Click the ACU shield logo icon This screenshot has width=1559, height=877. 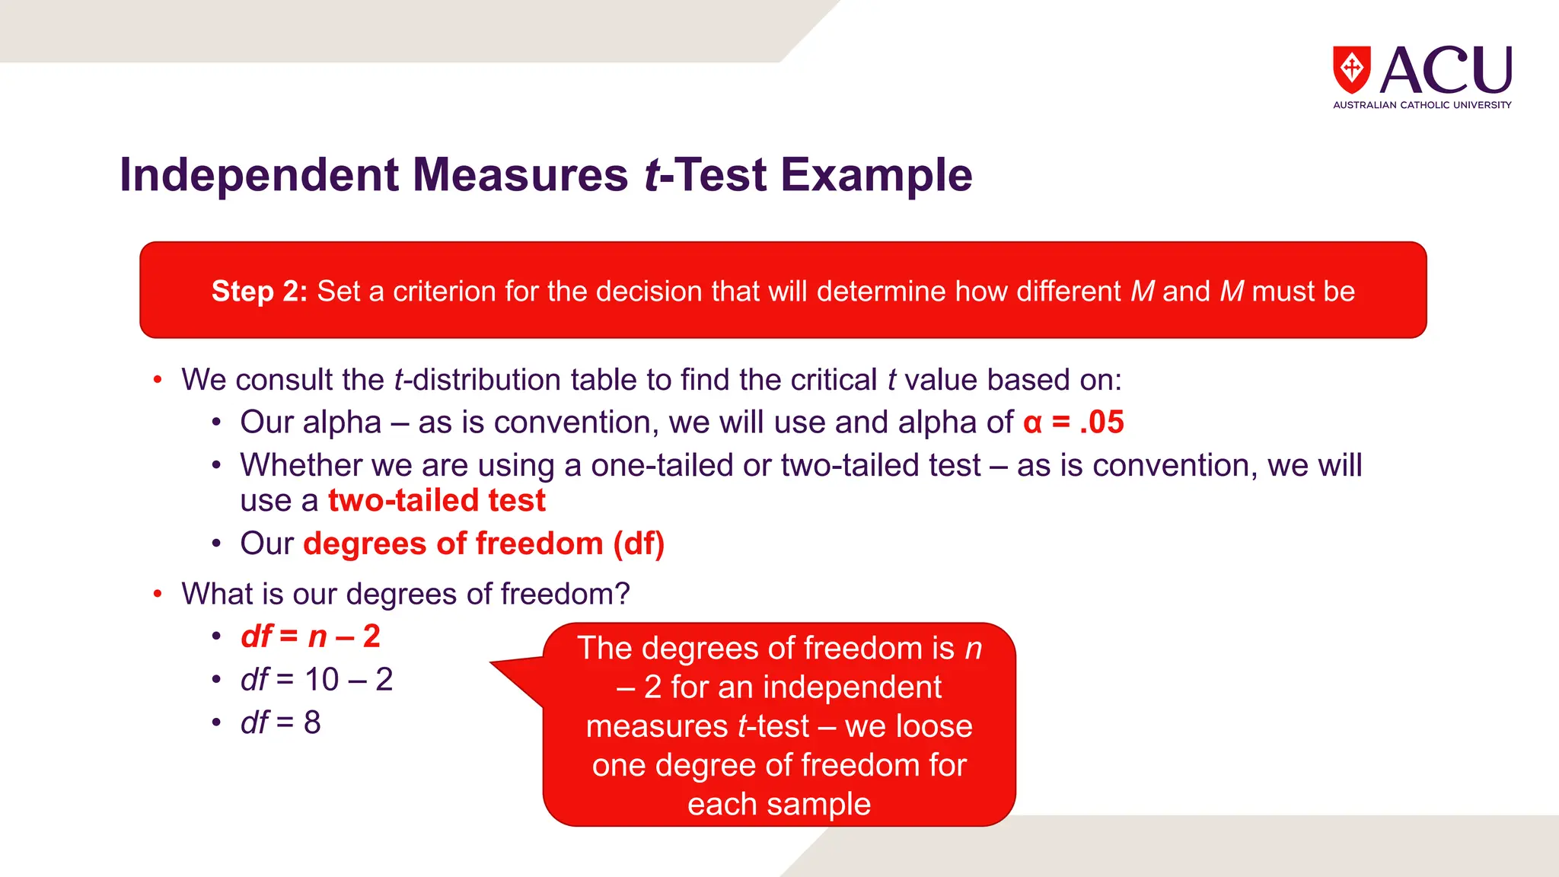(1351, 69)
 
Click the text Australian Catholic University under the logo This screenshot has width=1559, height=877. (1421, 105)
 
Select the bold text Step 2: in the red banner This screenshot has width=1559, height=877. (259, 292)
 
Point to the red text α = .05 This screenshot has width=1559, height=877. (1073, 423)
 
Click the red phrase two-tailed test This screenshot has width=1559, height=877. (436, 501)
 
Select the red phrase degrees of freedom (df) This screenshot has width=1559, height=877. (483, 544)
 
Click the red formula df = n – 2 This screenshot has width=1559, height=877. (310, 636)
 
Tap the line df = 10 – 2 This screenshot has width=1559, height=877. (316, 680)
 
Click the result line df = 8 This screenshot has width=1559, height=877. (280, 722)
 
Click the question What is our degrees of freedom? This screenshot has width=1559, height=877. (405, 594)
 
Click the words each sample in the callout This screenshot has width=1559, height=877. (779, 804)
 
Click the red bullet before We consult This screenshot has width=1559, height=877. (158, 380)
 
